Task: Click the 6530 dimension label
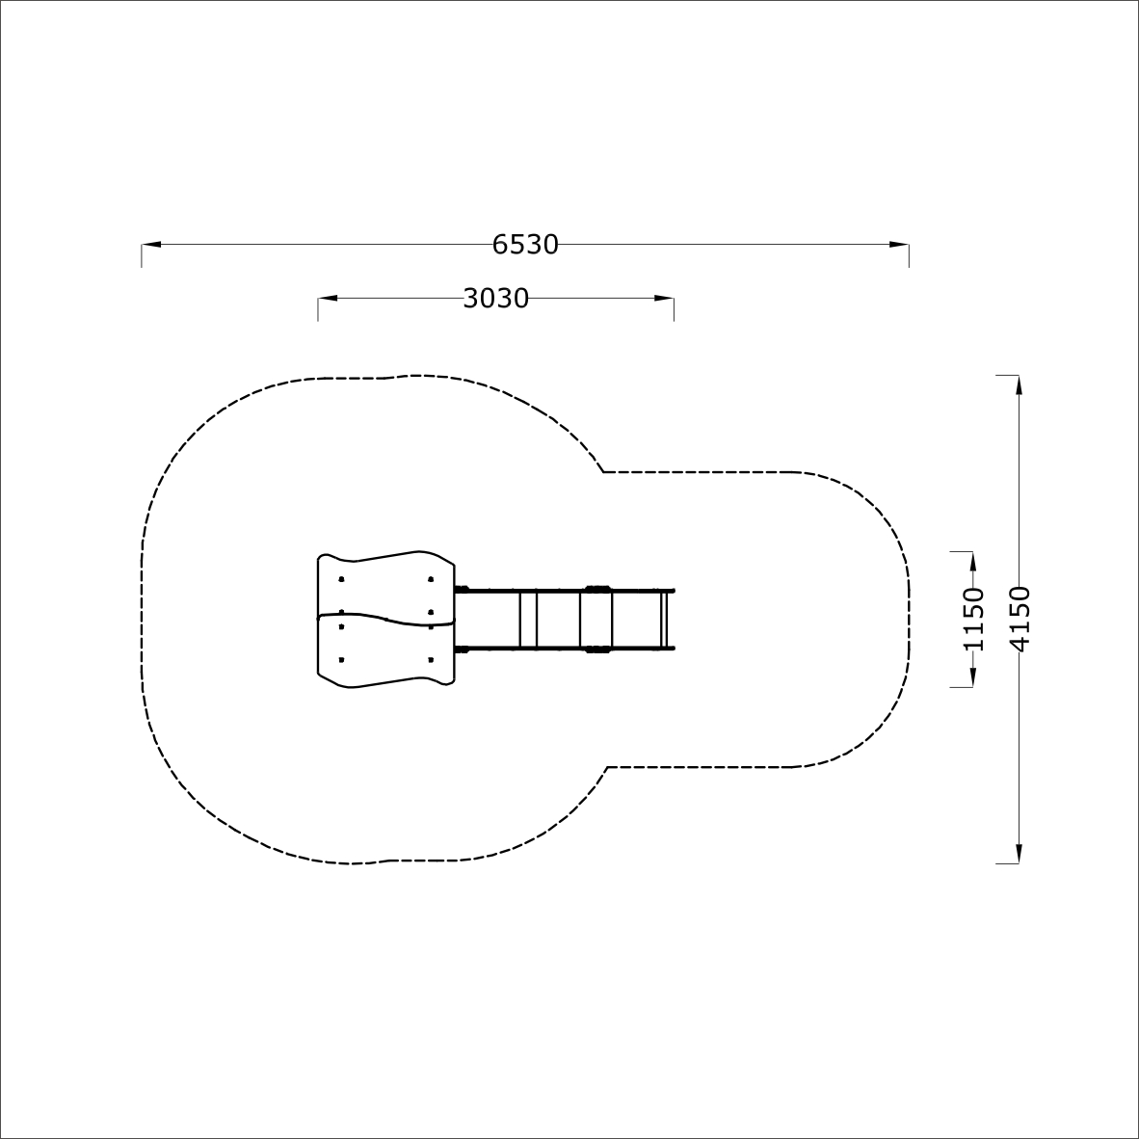coord(525,245)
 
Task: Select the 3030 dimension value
coord(496,299)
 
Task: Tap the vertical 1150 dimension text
coord(972,619)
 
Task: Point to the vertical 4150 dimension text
coord(1020,619)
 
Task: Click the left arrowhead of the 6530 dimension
coord(151,245)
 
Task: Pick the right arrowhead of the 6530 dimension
coord(899,245)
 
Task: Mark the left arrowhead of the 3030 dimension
coord(328,299)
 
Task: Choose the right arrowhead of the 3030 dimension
coord(664,299)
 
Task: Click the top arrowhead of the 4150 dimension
coord(1020,385)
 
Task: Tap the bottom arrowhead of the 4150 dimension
coord(1020,854)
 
